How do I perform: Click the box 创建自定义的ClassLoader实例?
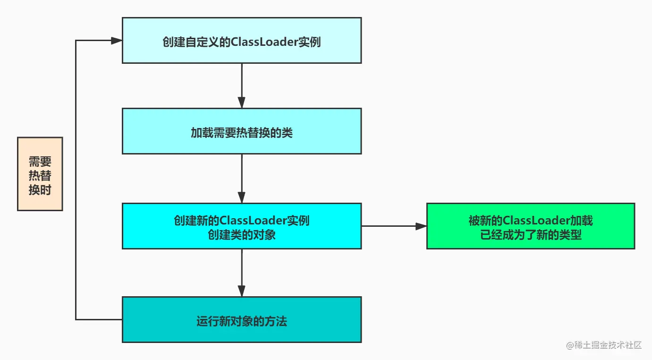pyautogui.click(x=241, y=40)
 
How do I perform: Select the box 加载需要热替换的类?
pyautogui.click(x=241, y=131)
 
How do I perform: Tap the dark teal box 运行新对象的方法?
pyautogui.click(x=241, y=319)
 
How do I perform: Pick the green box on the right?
pyautogui.click(x=530, y=226)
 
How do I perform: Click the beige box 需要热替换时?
pyautogui.click(x=40, y=174)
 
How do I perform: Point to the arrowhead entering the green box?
pyautogui.click(x=421, y=226)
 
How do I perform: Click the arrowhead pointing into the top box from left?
pyautogui.click(x=117, y=41)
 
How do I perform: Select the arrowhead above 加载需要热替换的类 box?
pyautogui.click(x=242, y=103)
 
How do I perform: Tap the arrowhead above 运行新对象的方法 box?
pyautogui.click(x=242, y=291)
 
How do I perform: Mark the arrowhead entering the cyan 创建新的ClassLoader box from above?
pyautogui.click(x=242, y=197)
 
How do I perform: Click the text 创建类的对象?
pyautogui.click(x=241, y=234)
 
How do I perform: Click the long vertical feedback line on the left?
pyautogui.click(x=76, y=180)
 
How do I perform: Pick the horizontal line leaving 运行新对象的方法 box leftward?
pyautogui.click(x=99, y=320)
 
